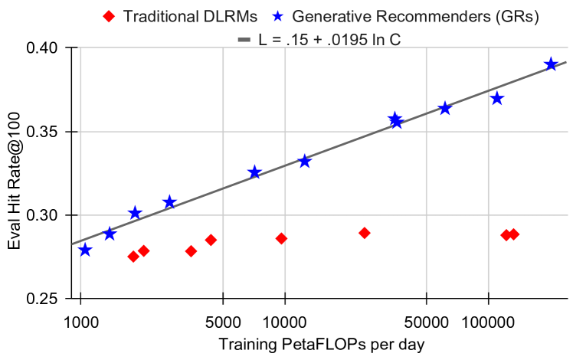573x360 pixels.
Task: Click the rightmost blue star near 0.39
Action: pyautogui.click(x=551, y=64)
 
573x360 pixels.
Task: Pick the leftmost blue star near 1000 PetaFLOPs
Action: pyautogui.click(x=85, y=250)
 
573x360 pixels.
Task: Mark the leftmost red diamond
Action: pyautogui.click(x=133, y=257)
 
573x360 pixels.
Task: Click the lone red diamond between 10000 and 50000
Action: pyautogui.click(x=365, y=233)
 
